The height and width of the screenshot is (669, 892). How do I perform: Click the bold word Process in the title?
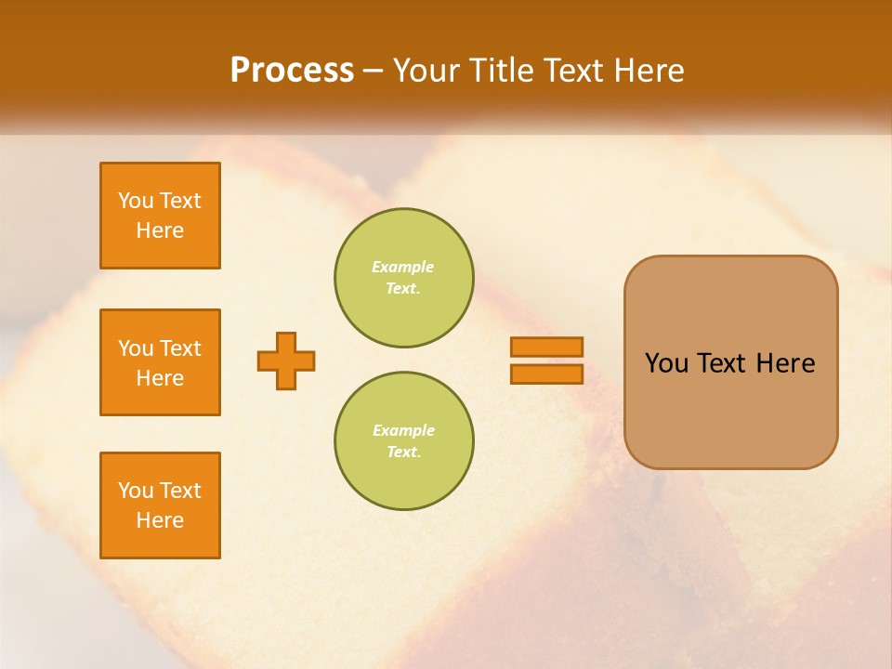point(292,71)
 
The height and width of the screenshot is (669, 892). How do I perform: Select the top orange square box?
point(160,216)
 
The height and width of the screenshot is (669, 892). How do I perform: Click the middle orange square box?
point(160,362)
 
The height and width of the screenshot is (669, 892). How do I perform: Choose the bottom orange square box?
point(160,505)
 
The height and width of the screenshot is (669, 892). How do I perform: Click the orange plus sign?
point(286,361)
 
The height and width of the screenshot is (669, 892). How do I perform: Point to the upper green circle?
point(404,278)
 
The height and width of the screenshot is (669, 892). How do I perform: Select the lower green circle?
point(404,441)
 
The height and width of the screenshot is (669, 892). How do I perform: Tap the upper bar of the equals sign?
point(546,347)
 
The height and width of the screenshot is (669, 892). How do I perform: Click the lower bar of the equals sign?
point(546,374)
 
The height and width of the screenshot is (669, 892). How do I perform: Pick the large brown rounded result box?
point(730,362)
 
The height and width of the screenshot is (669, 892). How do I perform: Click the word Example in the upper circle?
point(403,267)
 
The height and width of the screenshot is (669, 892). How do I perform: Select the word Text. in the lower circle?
point(403,453)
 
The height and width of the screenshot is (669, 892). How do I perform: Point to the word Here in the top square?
point(160,230)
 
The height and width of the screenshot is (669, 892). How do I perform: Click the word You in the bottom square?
point(136,491)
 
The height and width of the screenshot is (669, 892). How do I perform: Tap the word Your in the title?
point(426,71)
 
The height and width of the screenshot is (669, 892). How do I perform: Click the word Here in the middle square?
point(160,378)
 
